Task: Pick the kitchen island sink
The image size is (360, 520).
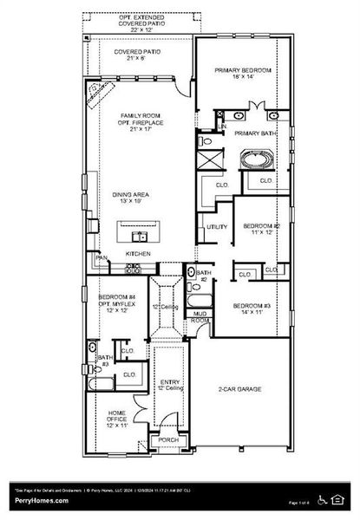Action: [138, 235]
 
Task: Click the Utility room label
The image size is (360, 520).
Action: [217, 227]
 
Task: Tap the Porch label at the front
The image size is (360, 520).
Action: [166, 440]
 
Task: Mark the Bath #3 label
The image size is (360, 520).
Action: [104, 361]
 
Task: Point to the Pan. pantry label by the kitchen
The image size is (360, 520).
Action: [102, 257]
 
